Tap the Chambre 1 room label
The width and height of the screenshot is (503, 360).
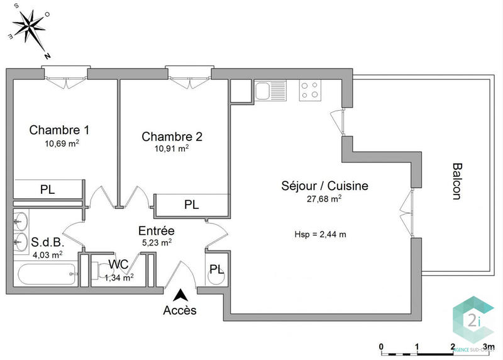59,130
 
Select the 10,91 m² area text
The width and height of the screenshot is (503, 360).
172,149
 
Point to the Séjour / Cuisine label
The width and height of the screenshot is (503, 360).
324,186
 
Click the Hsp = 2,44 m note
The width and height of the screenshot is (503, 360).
321,234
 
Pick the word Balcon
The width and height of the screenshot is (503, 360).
456,182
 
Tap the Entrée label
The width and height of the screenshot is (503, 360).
157,230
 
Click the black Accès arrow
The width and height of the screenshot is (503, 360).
181,295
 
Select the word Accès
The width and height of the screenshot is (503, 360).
180,310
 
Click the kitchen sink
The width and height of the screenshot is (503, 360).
270,91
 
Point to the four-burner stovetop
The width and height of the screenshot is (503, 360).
308,91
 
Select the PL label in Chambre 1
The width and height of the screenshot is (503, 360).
47,189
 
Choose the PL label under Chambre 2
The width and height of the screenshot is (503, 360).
192,205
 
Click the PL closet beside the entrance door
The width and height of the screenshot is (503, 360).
217,269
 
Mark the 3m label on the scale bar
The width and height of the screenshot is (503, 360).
489,346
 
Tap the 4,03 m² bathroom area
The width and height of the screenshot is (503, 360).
47,255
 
